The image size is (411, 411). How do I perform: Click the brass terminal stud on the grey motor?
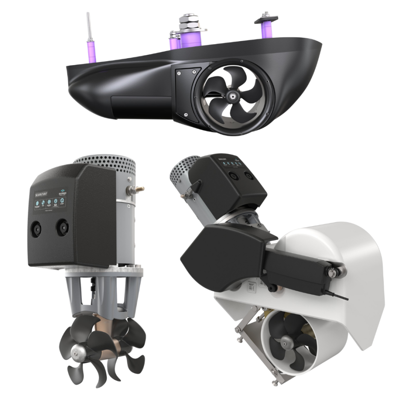pos(137,188)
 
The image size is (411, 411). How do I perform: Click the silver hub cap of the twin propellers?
pos(77,351)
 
